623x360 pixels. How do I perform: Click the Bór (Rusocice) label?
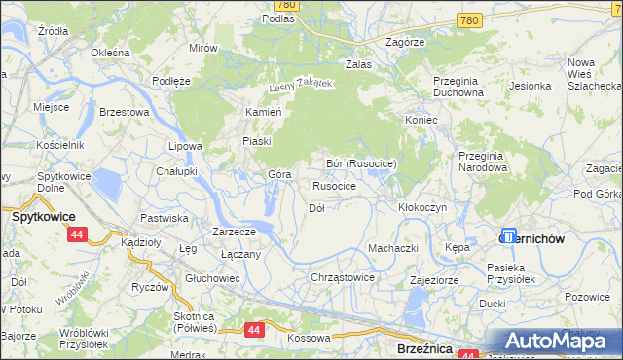click(360, 163)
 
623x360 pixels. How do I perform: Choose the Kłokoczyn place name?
click(422, 208)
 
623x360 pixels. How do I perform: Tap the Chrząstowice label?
click(342, 277)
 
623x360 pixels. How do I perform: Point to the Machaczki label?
click(392, 248)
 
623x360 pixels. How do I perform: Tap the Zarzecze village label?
click(234, 232)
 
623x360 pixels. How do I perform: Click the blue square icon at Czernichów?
click(508, 235)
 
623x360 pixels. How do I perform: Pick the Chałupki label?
click(177, 170)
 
